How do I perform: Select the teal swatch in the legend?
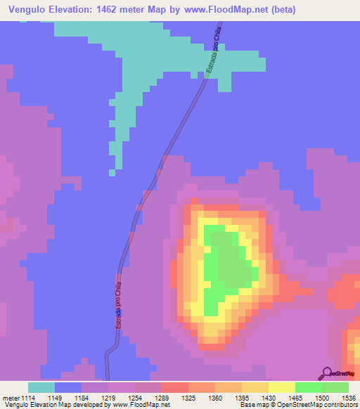[41, 387]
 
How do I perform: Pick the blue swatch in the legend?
[68, 387]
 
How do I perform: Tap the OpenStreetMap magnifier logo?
[326, 373]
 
